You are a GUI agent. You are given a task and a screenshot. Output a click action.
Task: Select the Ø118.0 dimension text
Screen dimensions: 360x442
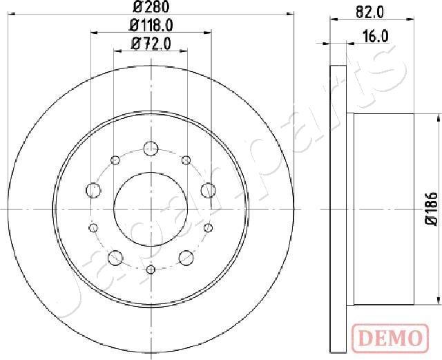point(151,26)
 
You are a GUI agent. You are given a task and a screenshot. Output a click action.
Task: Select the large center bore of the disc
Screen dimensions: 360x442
point(151,208)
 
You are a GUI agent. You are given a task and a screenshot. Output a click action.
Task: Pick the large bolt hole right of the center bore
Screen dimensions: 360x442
point(207,189)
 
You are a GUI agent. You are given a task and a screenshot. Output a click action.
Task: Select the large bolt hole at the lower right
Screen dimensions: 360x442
point(186,257)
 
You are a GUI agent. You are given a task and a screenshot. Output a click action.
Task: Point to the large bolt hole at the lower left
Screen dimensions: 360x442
point(115,257)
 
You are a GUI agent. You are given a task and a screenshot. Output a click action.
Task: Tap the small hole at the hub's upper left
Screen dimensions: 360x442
point(115,160)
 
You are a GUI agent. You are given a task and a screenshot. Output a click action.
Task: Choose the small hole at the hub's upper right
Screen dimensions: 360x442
point(186,160)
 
